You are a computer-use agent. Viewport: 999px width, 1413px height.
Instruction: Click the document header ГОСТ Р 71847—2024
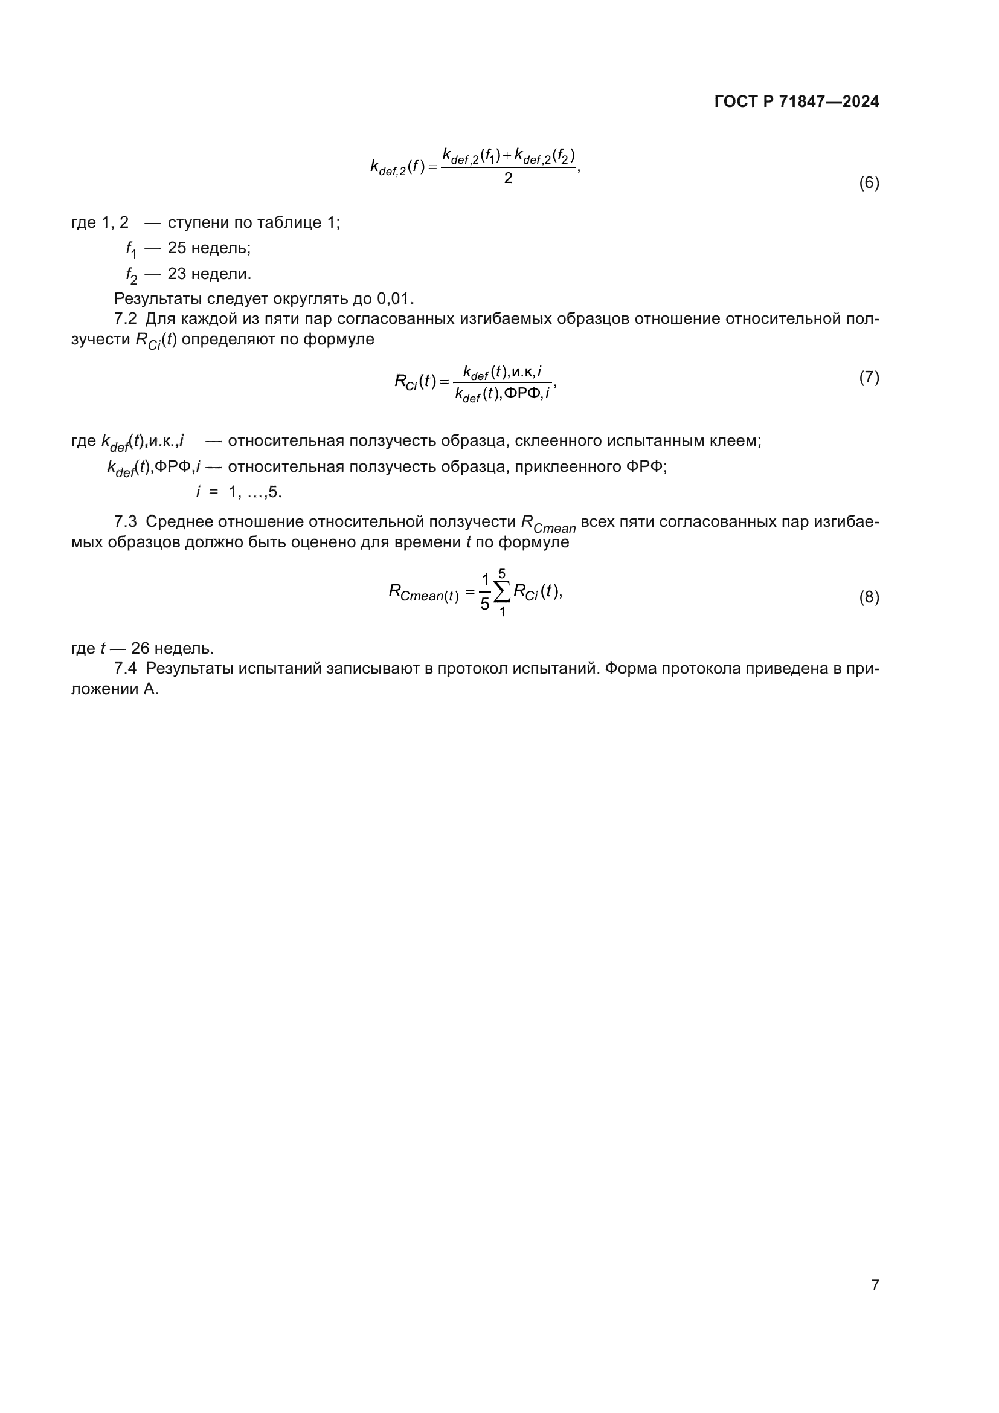tap(797, 102)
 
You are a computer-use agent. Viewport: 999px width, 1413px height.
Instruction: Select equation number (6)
tap(869, 183)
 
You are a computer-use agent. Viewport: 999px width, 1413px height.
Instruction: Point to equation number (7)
tap(869, 377)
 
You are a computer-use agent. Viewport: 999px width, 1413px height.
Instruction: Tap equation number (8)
tap(869, 597)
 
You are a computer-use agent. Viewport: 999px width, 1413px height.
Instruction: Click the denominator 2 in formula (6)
tap(508, 178)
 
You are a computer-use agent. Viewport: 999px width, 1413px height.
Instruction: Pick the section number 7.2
tap(126, 319)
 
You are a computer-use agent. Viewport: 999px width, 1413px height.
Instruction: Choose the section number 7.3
tap(126, 522)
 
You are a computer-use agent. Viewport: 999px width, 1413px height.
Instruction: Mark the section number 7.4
tap(126, 668)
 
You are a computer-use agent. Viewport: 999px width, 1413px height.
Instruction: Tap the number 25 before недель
tap(176, 248)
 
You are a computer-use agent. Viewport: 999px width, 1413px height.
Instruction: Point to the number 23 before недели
tap(176, 274)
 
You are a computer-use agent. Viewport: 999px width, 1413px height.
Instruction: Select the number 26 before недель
tap(140, 649)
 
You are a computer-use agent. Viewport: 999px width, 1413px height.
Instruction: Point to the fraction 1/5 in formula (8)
tap(485, 592)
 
